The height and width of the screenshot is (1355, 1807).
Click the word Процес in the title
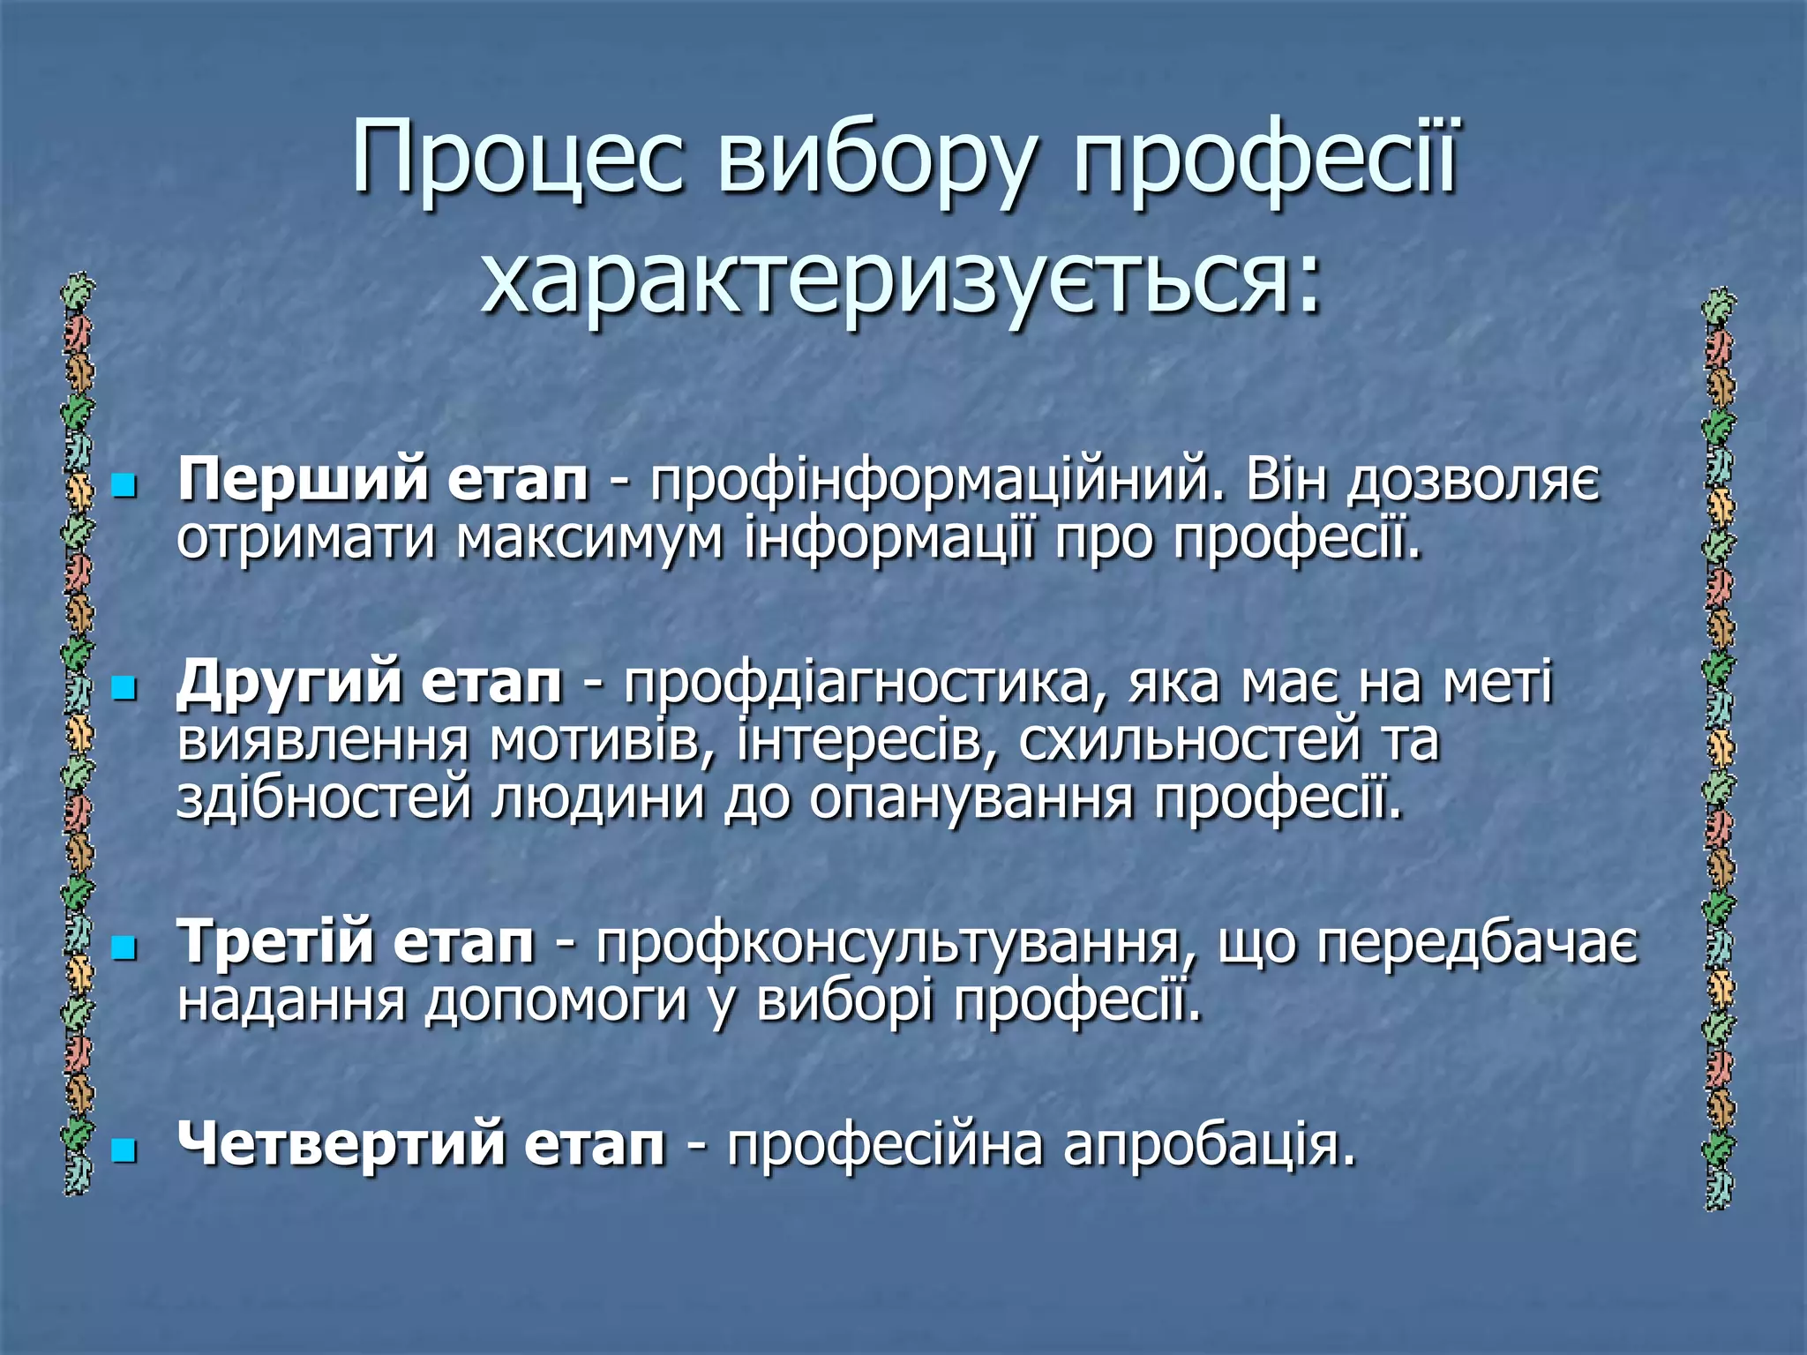point(517,161)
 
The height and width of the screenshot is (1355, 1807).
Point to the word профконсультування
point(896,942)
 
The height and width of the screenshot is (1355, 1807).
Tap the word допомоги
point(556,1001)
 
